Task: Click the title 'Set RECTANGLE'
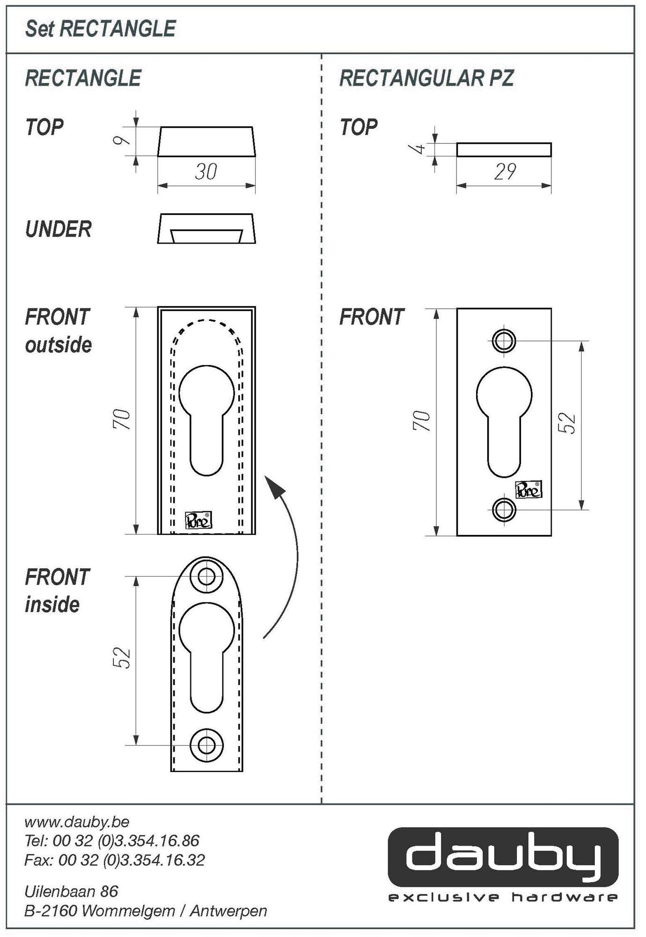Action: click(100, 29)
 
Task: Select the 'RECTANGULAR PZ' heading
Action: click(426, 78)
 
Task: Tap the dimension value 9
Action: click(121, 141)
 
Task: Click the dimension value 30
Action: click(206, 171)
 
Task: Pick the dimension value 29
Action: click(505, 171)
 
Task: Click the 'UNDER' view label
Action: click(58, 229)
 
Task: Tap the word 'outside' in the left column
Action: click(58, 345)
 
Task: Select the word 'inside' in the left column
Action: click(52, 605)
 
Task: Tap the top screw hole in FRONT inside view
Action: click(206, 576)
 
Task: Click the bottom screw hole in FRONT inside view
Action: click(206, 745)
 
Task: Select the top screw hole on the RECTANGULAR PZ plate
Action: click(504, 341)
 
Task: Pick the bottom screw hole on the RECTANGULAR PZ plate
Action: click(504, 509)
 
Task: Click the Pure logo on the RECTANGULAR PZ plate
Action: click(529, 490)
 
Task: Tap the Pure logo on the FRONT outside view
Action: click(198, 520)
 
